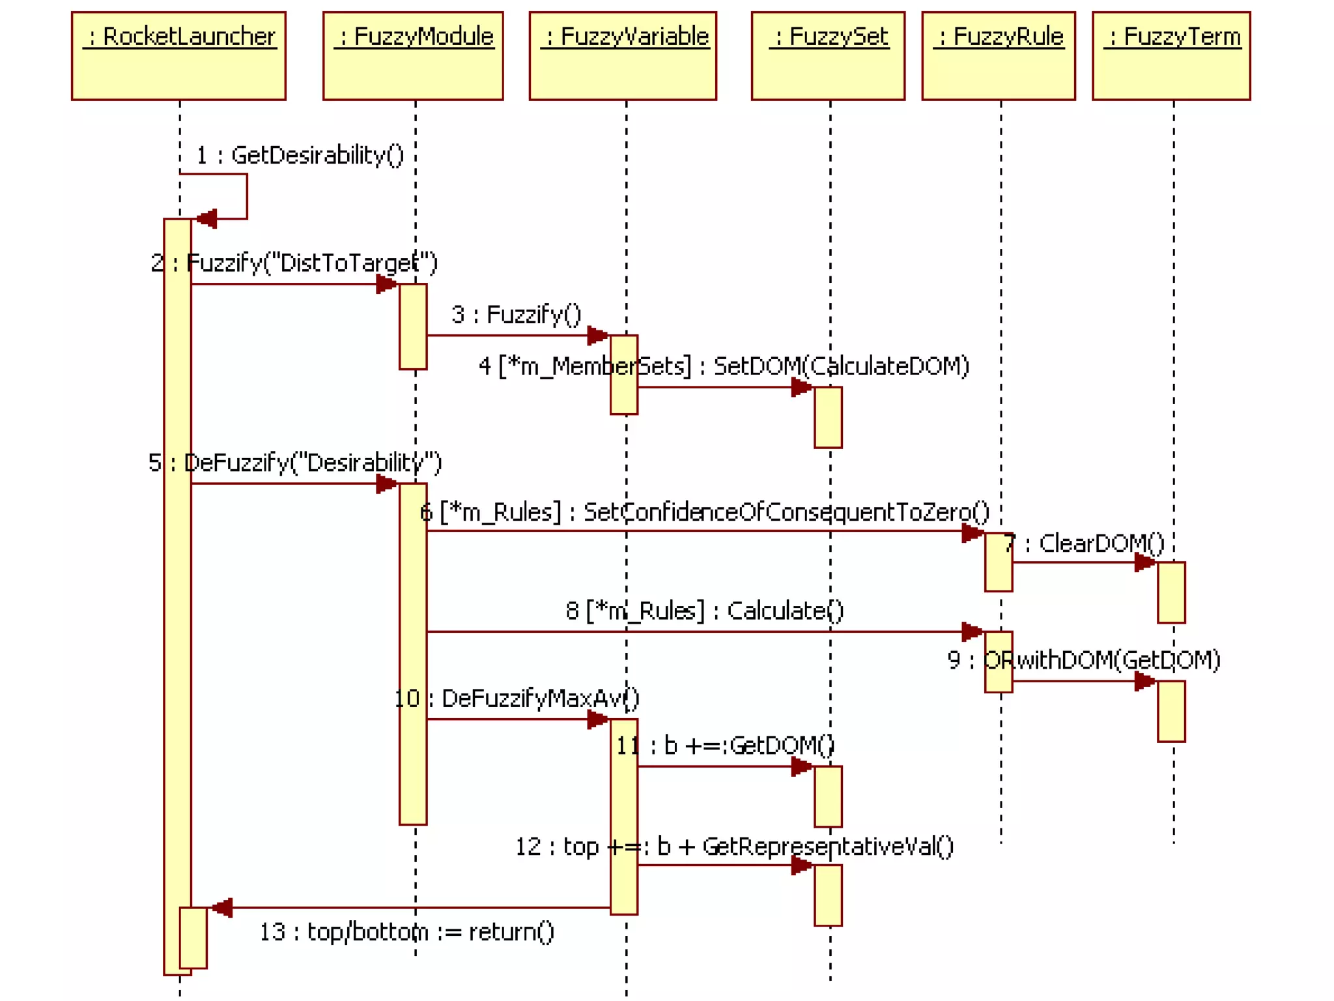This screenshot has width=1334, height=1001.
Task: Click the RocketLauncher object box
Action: [x=178, y=56]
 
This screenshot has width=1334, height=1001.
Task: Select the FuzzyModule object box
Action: [x=413, y=56]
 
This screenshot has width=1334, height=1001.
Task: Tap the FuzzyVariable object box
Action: [x=623, y=56]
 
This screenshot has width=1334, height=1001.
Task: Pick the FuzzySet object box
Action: [x=828, y=56]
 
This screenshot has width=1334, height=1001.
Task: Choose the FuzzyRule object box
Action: [x=999, y=56]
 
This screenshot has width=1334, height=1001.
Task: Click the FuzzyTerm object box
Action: [x=1171, y=56]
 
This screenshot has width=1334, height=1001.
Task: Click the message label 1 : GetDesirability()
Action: [x=300, y=155]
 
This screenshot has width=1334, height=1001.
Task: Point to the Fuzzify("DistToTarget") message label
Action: [x=294, y=263]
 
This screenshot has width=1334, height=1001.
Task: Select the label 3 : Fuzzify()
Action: [x=516, y=314]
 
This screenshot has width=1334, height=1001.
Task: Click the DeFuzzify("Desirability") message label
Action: [x=295, y=463]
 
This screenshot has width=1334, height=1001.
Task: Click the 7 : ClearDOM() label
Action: [x=1084, y=543]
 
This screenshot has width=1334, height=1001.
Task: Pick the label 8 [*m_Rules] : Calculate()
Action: [x=705, y=611]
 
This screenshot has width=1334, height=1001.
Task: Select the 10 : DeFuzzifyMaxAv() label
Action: [x=517, y=699]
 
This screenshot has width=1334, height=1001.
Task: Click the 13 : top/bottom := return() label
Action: [x=407, y=932]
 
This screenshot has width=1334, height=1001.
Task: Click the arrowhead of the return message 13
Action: [x=221, y=907]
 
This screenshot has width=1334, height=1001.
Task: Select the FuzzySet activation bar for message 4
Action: [x=828, y=417]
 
